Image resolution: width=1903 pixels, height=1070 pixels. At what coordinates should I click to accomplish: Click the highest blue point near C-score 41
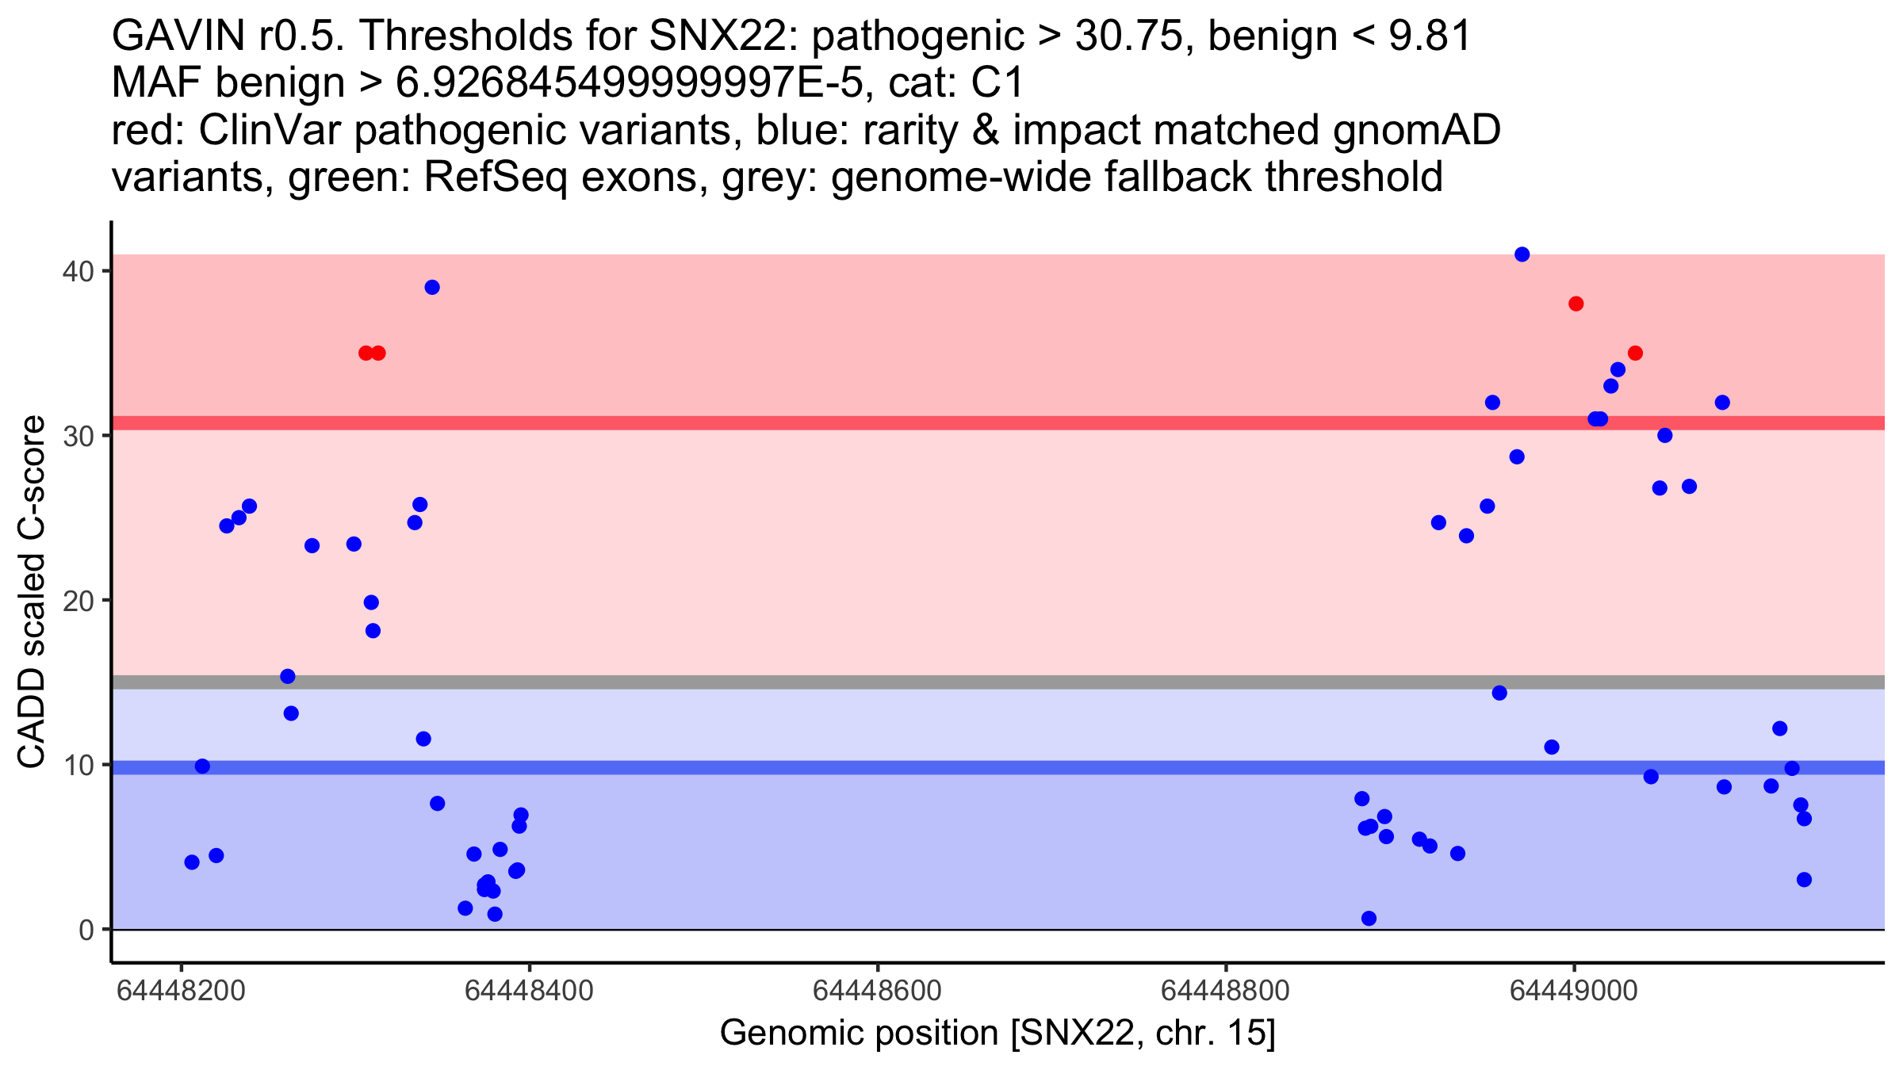[x=1522, y=254]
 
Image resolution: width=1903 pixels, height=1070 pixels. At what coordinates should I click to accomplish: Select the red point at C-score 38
[x=1576, y=304]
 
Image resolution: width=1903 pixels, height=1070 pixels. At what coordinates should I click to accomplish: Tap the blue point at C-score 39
[x=432, y=288]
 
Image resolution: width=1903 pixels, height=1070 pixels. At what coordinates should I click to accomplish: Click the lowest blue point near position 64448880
[x=1369, y=919]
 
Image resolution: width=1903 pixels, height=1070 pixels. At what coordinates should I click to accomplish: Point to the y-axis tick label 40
[x=78, y=271]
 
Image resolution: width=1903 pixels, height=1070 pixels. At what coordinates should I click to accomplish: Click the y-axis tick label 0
[x=86, y=930]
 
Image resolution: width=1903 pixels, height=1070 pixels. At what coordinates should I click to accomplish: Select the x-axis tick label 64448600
[x=877, y=991]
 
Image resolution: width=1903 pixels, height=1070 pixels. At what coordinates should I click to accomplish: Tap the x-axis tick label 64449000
[x=1574, y=991]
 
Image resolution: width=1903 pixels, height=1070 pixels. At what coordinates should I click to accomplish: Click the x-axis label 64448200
[x=181, y=991]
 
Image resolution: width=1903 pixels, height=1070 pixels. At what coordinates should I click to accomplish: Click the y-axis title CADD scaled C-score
[x=32, y=593]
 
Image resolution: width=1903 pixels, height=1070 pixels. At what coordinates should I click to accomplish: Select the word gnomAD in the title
[x=1416, y=131]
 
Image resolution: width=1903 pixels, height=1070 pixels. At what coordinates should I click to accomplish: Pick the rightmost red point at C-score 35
[x=1635, y=353]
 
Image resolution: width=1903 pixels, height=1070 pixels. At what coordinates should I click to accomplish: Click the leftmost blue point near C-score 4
[x=192, y=862]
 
